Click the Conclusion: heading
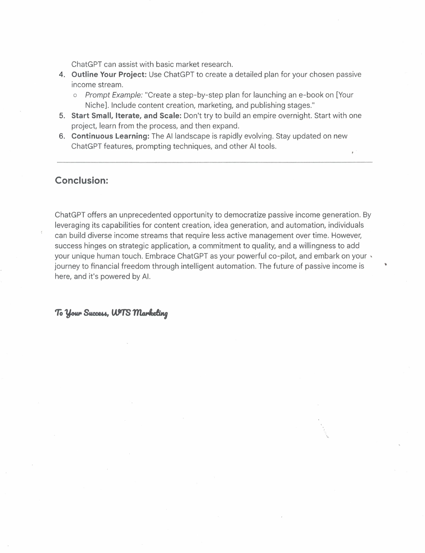[81, 181]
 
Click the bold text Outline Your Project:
[109, 74]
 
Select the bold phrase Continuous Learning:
[110, 136]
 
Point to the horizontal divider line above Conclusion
[214, 162]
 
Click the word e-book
[310, 95]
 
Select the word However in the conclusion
[346, 235]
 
